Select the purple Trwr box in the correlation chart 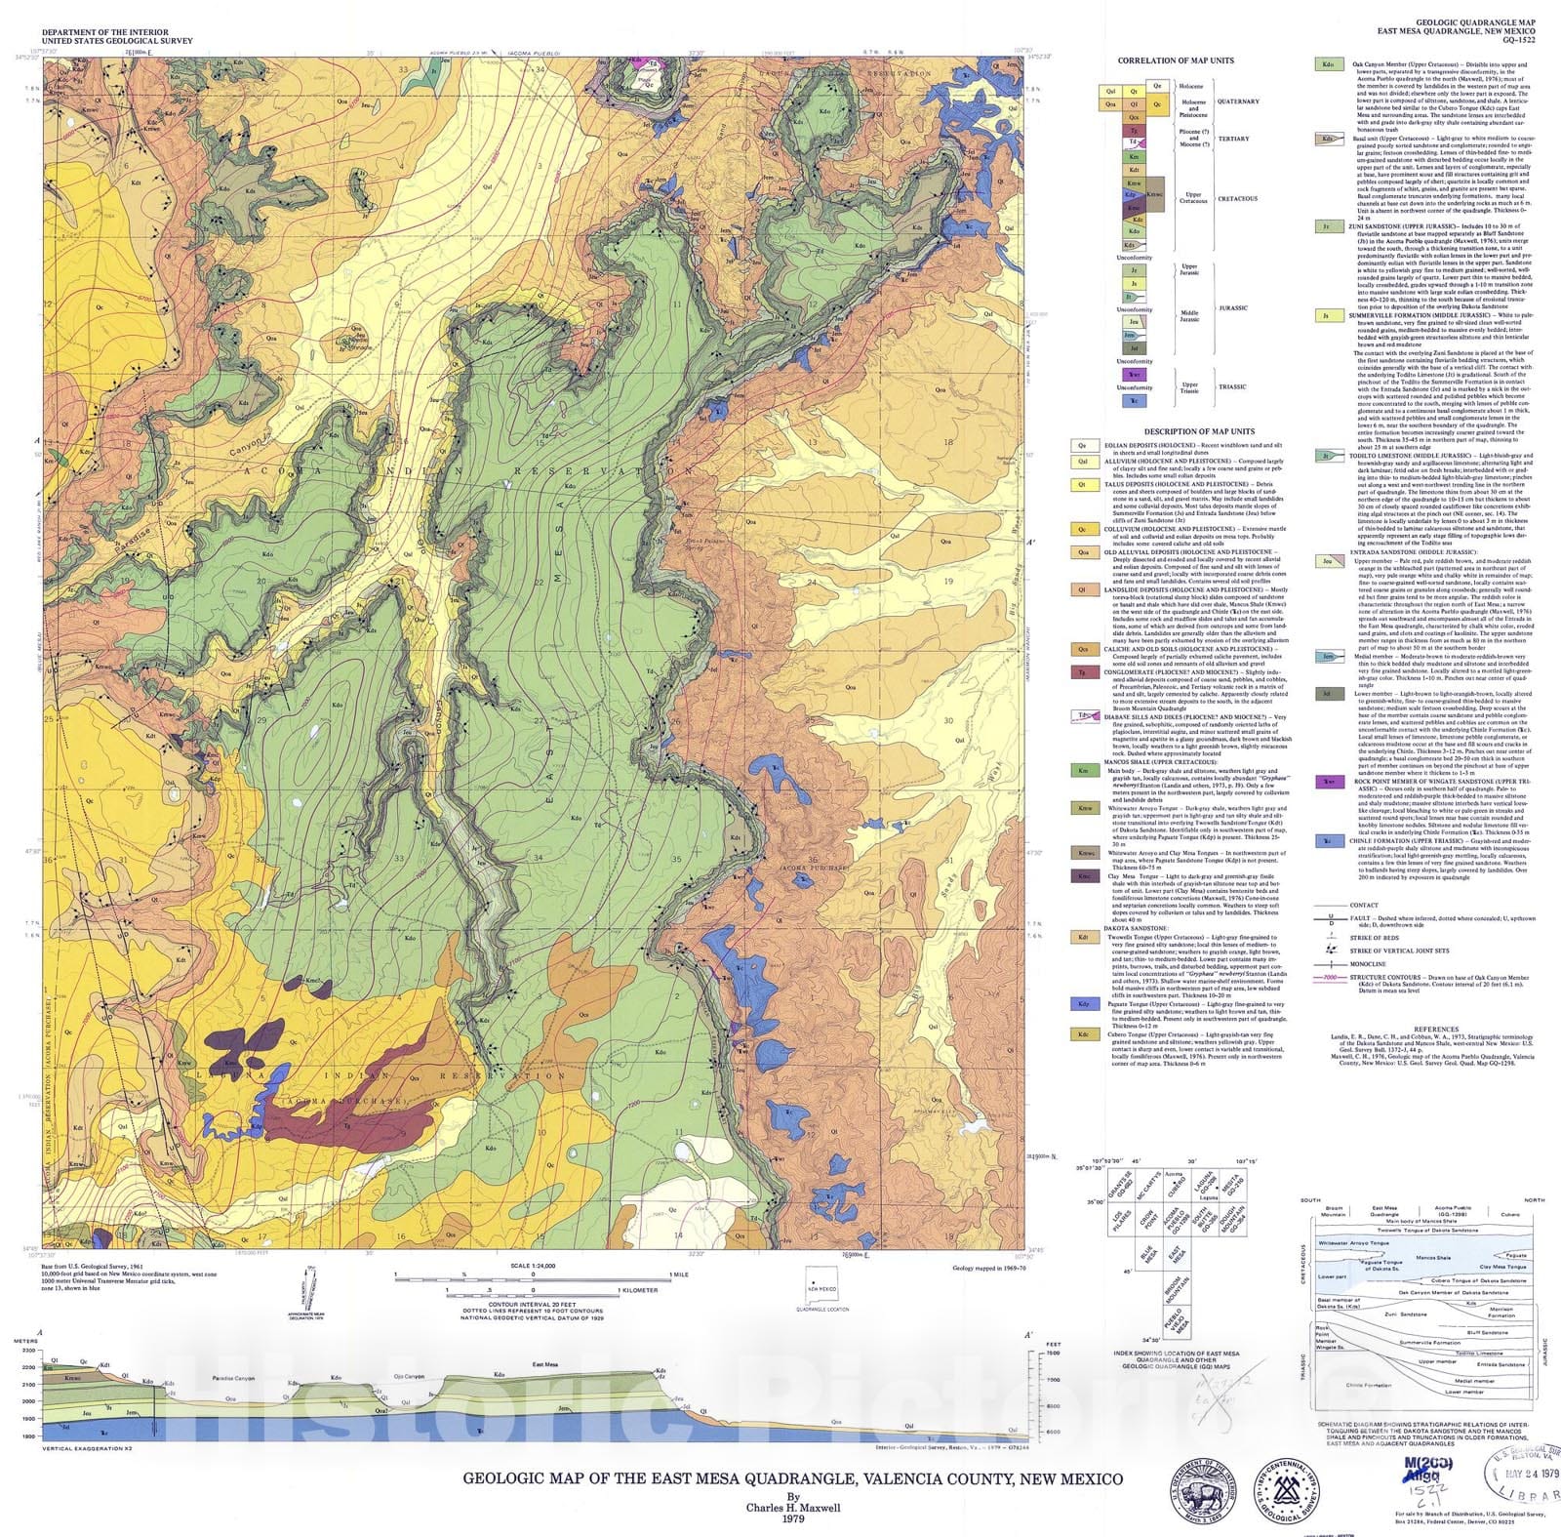click(1133, 375)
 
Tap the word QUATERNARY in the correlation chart click(1239, 101)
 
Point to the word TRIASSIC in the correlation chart click(1232, 386)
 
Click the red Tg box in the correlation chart click(1133, 130)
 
